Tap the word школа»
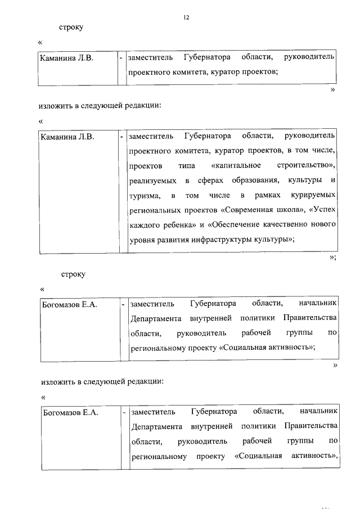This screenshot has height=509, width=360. tap(289, 210)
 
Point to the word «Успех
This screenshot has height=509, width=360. tap(322, 210)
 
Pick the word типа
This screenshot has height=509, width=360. tap(186, 165)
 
